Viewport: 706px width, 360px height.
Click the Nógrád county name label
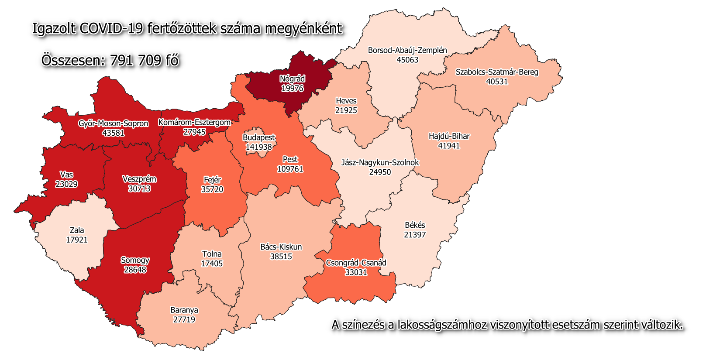(x=292, y=79)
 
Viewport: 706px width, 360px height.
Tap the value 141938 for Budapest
(x=258, y=147)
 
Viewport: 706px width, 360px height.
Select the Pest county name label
(x=290, y=159)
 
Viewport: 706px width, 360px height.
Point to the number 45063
(x=407, y=60)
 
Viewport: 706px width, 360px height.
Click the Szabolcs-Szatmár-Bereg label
(x=497, y=72)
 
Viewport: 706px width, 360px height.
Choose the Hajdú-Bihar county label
(x=449, y=136)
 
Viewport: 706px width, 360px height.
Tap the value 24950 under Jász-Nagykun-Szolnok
(x=380, y=172)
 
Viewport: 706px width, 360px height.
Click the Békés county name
(x=415, y=225)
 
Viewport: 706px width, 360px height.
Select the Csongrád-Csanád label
(x=356, y=263)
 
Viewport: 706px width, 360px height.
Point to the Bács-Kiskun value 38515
(x=281, y=257)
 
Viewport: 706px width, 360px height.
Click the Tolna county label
(x=212, y=254)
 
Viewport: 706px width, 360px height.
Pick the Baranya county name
(x=184, y=310)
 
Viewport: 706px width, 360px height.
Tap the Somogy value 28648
(x=135, y=270)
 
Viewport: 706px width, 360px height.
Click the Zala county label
(x=77, y=230)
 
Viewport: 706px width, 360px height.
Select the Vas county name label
(x=66, y=175)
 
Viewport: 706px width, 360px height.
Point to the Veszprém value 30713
(x=139, y=189)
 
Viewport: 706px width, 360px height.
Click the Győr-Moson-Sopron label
(x=113, y=123)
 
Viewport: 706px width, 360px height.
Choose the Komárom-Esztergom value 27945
(x=194, y=132)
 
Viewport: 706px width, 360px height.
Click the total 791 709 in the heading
(x=136, y=60)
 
